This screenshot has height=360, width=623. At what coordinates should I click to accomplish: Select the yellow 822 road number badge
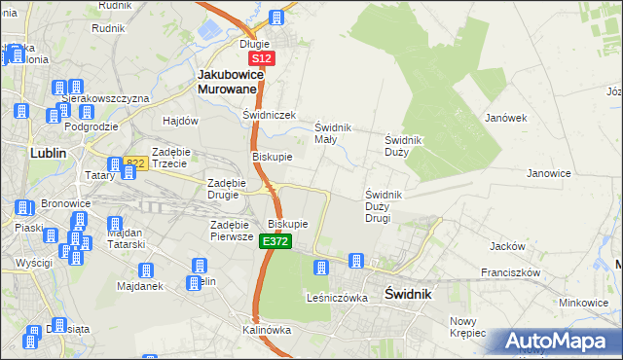[x=134, y=163]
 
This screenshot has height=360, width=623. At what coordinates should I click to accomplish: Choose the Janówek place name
[x=505, y=118]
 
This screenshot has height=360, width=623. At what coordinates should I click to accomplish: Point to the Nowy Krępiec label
[x=467, y=327]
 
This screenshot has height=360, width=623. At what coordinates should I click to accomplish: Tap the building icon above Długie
[x=276, y=18]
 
